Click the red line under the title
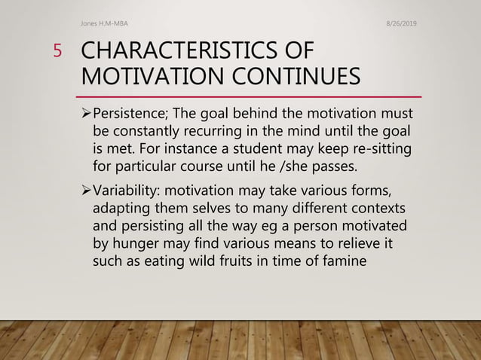(249, 97)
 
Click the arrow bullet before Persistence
(84, 114)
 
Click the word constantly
(143, 131)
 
